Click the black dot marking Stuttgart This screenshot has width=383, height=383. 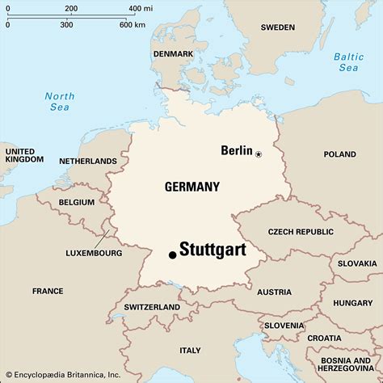point(172,255)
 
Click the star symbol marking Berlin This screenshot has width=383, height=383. point(259,154)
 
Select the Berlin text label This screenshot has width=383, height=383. point(237,150)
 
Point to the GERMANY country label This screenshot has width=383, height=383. point(191,187)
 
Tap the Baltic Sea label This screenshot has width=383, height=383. point(348,62)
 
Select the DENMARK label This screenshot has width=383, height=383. point(173,54)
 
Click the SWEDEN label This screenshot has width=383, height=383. point(278,27)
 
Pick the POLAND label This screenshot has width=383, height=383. point(339,154)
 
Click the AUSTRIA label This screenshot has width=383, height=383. point(275,292)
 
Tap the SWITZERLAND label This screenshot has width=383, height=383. point(152,307)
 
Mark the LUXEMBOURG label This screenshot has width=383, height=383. point(94,253)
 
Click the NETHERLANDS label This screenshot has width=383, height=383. point(89,161)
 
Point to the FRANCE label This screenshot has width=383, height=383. point(48,291)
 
